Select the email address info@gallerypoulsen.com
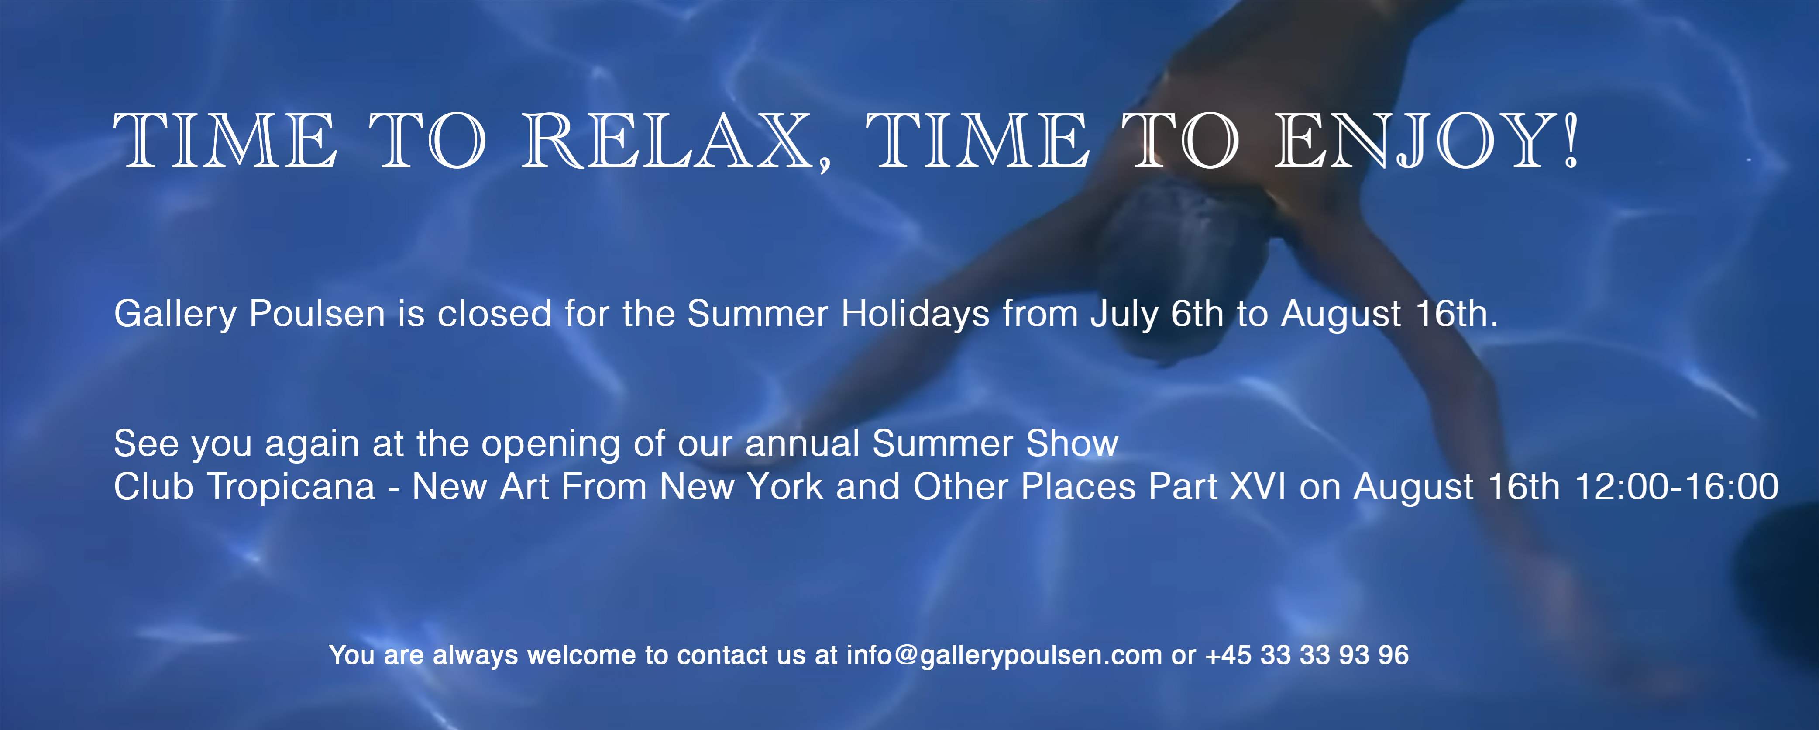point(1004,655)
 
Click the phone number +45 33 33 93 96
point(1307,655)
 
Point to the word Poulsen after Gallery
point(317,314)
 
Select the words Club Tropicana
point(244,487)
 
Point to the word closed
point(494,314)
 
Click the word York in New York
point(784,487)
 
